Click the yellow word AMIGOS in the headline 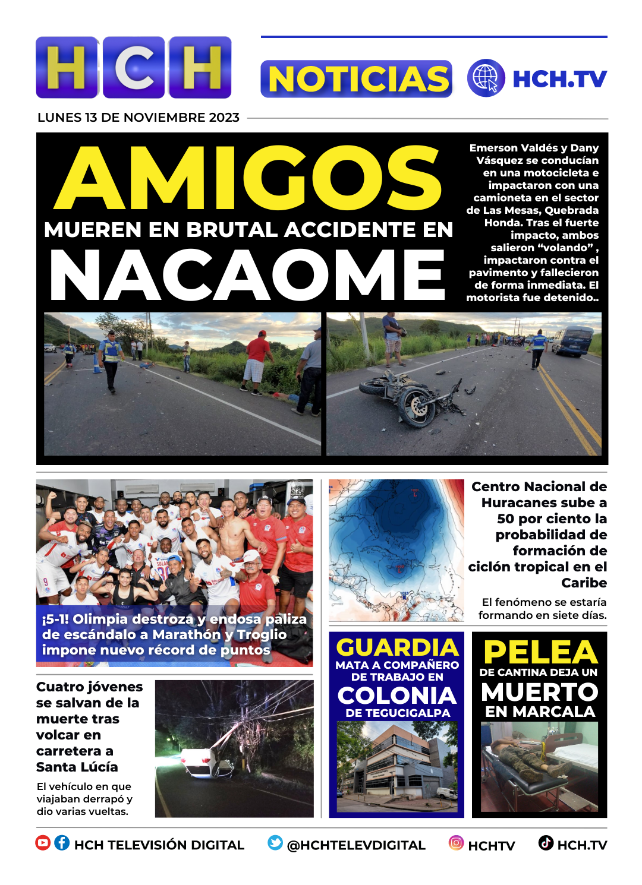(x=248, y=178)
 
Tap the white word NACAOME (x=247, y=275)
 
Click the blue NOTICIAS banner (x=357, y=79)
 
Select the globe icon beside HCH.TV (x=486, y=78)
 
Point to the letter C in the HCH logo (x=134, y=68)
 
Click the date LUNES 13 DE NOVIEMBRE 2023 (x=139, y=118)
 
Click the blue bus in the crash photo (x=572, y=341)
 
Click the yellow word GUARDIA (x=397, y=647)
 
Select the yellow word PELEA (x=540, y=652)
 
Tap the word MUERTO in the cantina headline (x=540, y=692)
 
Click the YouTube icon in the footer (x=43, y=843)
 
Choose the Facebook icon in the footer (x=62, y=843)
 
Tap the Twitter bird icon (x=275, y=843)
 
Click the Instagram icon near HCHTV (x=456, y=843)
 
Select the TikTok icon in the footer (x=546, y=843)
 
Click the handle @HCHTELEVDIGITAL (x=356, y=845)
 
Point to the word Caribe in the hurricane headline (x=584, y=583)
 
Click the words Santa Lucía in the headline (x=77, y=767)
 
